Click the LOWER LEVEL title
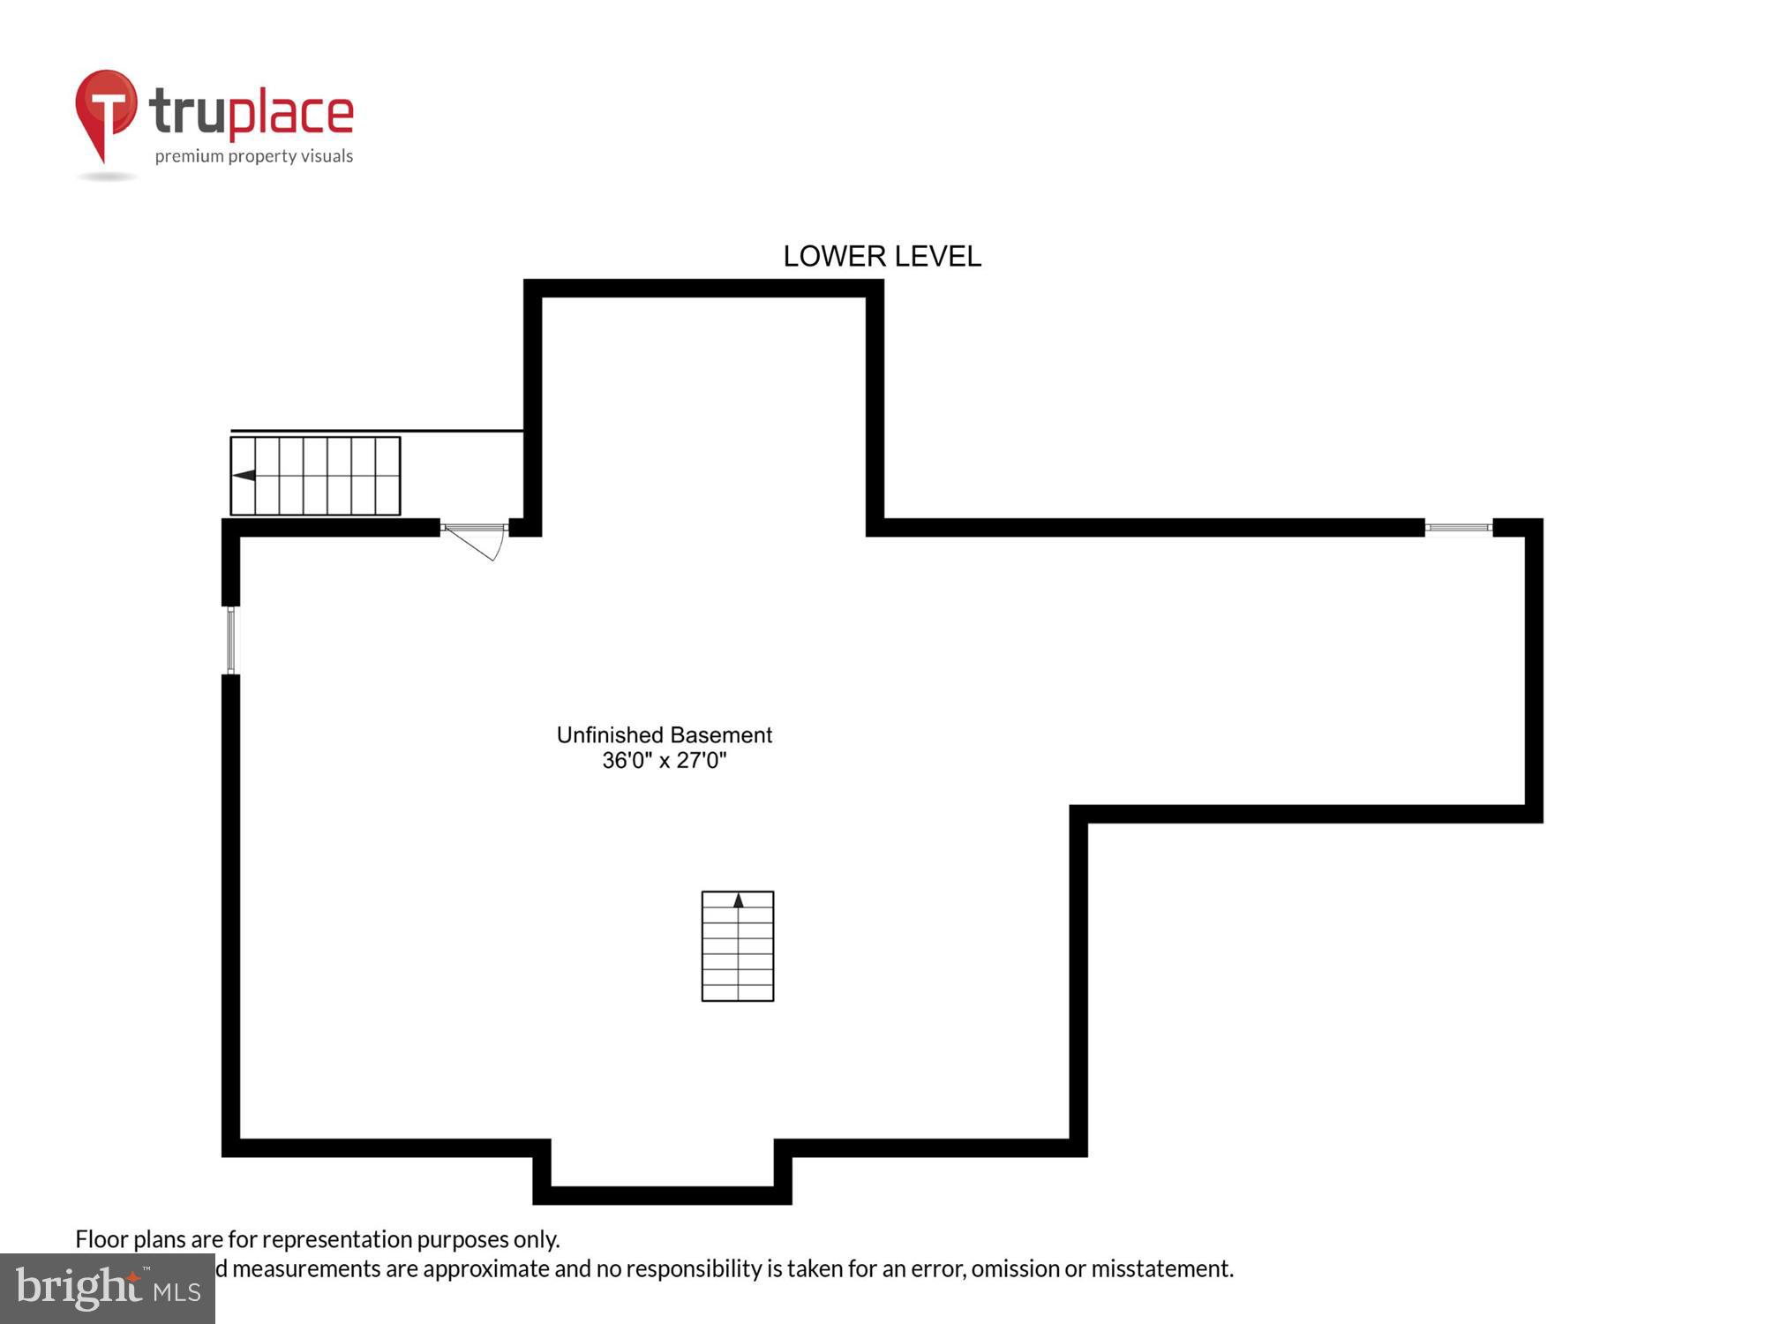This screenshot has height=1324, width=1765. coord(882,256)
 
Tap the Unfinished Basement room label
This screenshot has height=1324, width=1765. coord(664,734)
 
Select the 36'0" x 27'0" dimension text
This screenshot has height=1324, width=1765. coord(664,760)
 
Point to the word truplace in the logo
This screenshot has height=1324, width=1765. coord(252,113)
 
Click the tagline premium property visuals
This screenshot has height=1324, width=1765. coord(254,156)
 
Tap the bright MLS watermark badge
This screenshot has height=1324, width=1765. coord(107,1289)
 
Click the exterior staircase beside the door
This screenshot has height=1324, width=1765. coord(315,476)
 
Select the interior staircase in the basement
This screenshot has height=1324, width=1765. coord(738,946)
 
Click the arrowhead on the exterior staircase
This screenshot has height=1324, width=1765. coord(244,476)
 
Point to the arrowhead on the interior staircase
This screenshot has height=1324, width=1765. coord(739,900)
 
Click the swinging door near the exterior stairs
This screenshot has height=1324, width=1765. coord(475,540)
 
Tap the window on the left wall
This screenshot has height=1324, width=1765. coord(231,640)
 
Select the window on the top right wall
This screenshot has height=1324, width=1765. coord(1458,528)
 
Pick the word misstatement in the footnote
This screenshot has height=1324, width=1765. coord(1162,1268)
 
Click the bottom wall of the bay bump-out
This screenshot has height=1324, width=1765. coord(662,1195)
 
